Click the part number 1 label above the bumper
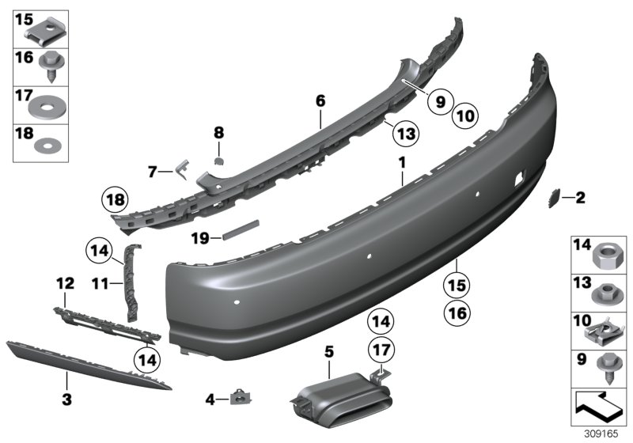coord(402,161)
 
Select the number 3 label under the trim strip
coord(66,400)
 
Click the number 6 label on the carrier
coord(320,101)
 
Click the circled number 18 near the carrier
coord(116,199)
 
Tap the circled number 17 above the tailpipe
coord(382,349)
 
